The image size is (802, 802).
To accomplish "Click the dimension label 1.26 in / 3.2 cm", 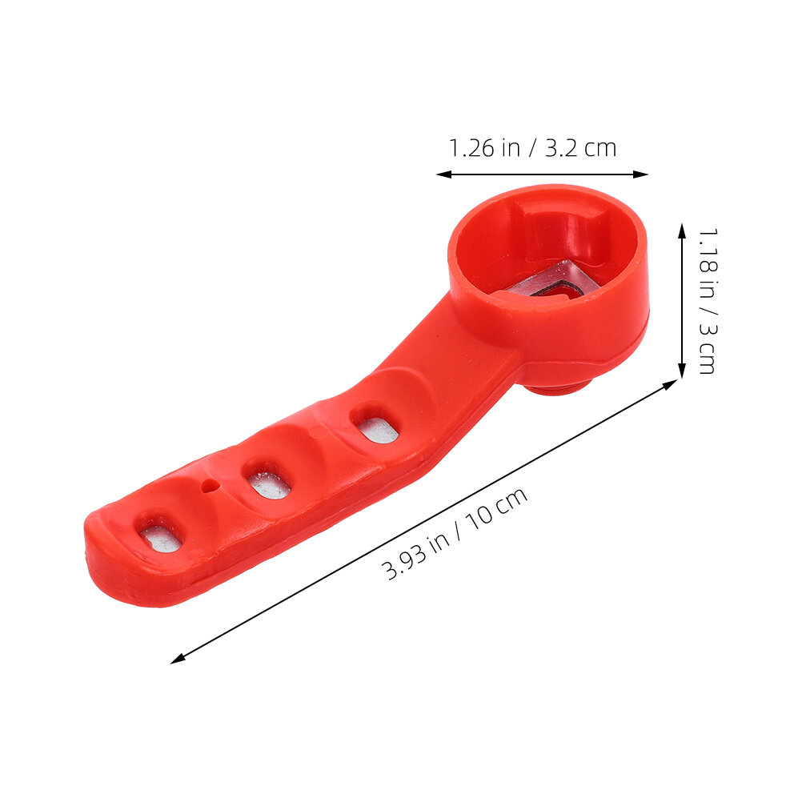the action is tap(532, 148).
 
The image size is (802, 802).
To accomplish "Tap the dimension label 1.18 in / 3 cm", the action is tap(708, 301).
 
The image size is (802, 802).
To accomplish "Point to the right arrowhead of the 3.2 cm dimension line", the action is tap(640, 174).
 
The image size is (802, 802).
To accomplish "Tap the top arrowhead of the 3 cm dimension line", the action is tap(681, 231).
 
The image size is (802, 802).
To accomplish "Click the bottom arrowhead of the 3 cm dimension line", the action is tap(681, 371).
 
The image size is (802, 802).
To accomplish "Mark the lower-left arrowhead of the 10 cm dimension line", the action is tap(177, 659).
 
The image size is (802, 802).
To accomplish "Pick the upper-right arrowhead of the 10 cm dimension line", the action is tap(670, 384).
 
